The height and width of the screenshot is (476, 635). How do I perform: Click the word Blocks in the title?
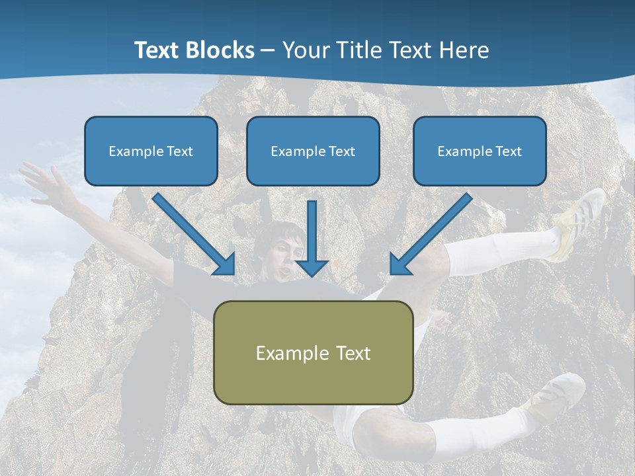click(218, 50)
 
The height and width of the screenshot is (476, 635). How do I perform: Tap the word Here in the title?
click(463, 50)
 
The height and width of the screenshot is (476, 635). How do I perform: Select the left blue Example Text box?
click(151, 151)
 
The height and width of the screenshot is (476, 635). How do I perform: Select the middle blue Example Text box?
click(313, 151)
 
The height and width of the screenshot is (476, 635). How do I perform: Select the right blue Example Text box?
click(480, 151)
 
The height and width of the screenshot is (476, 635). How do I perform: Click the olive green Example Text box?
click(313, 352)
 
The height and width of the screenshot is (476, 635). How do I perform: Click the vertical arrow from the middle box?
click(312, 231)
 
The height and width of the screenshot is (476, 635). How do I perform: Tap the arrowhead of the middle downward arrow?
click(312, 267)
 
